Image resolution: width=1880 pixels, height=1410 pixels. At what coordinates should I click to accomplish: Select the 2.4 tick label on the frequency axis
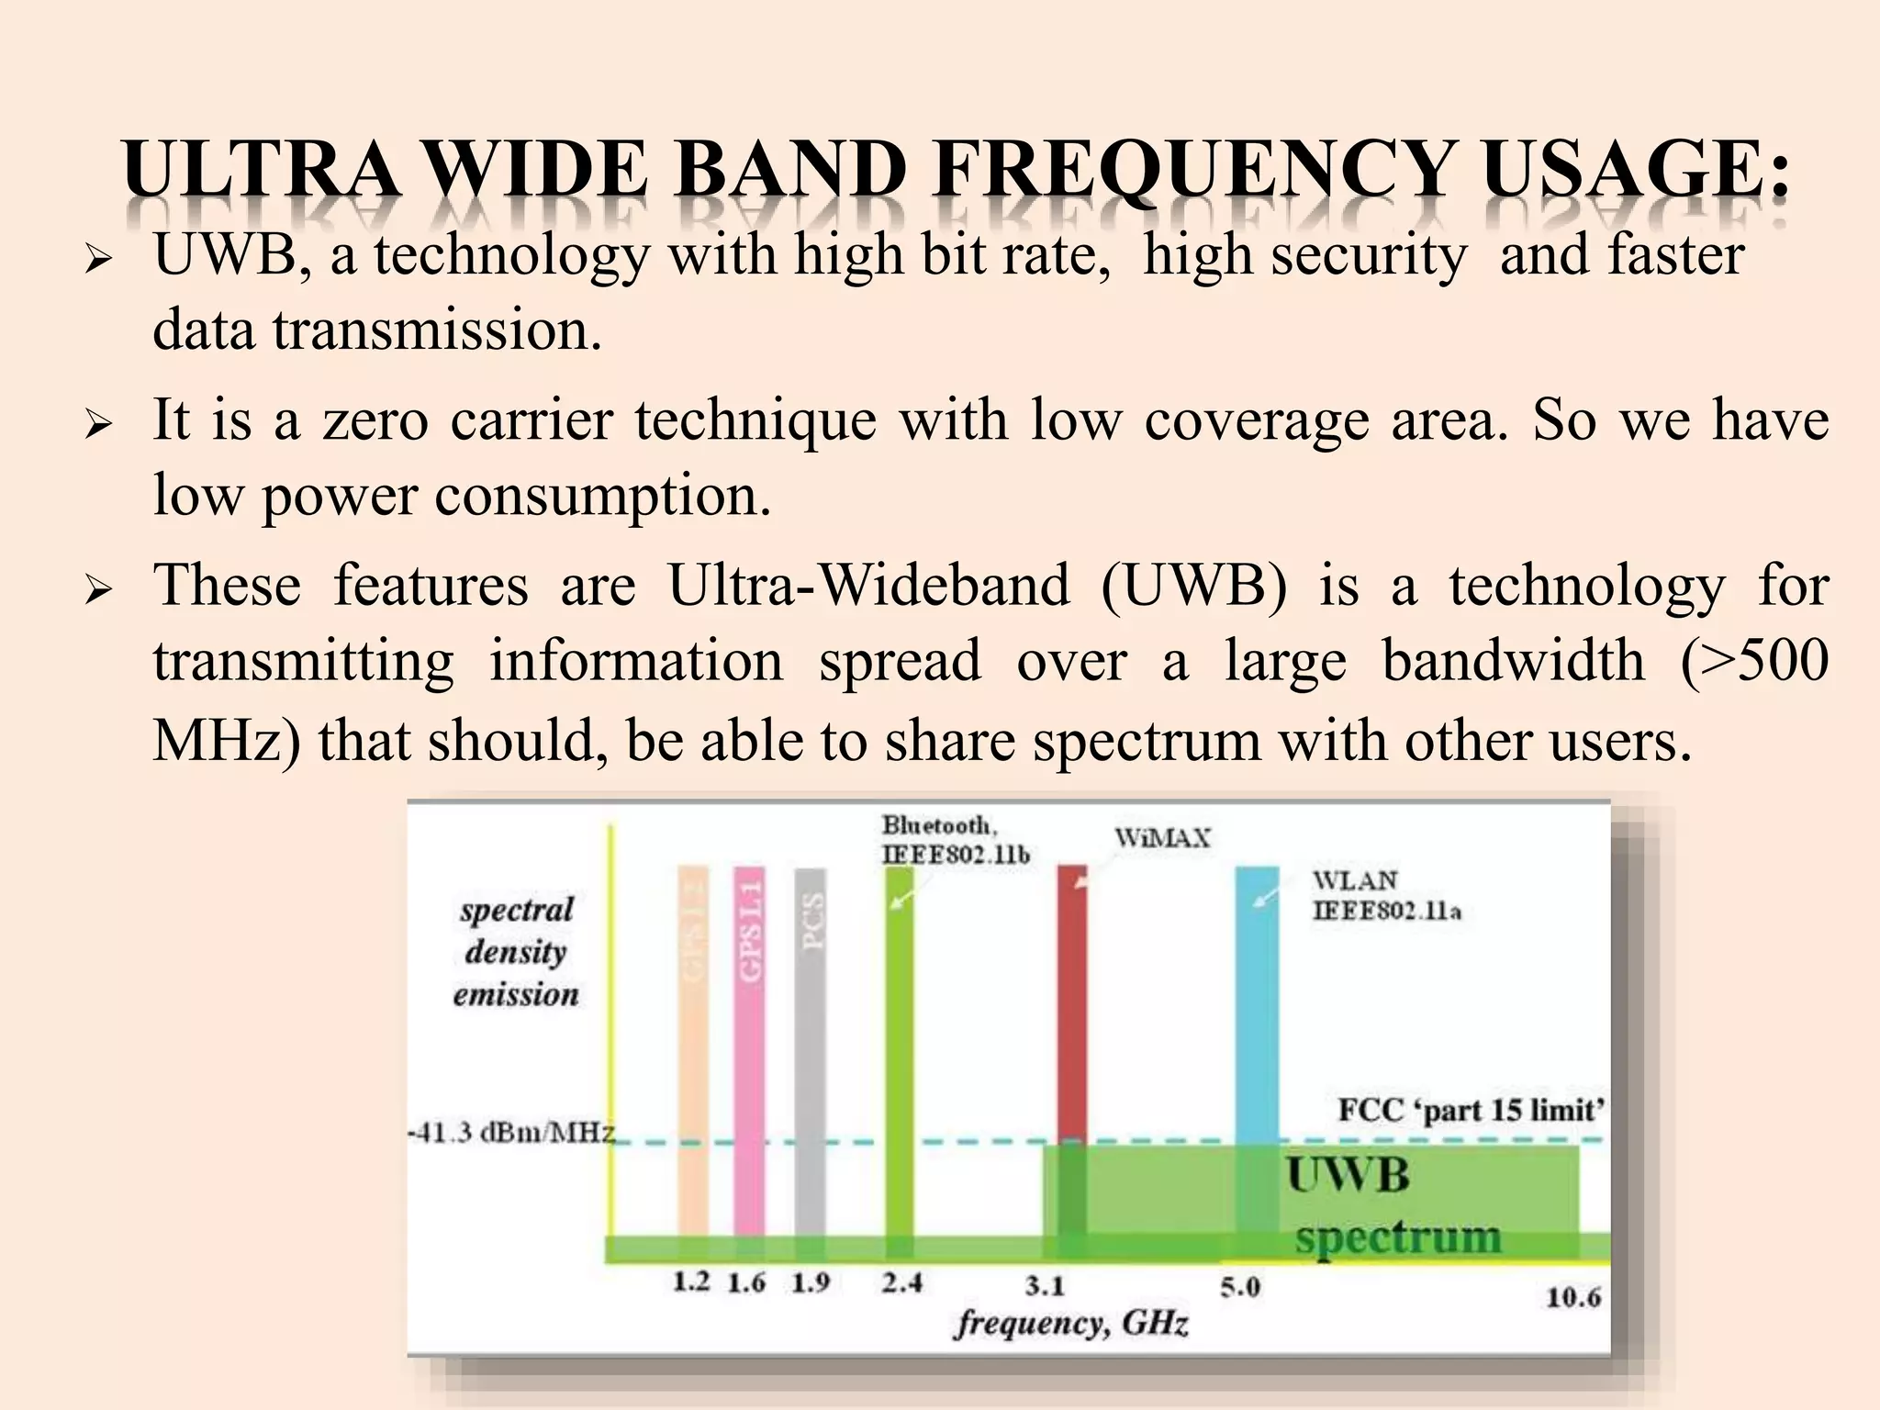click(901, 1281)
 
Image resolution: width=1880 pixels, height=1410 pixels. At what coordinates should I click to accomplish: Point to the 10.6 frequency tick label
click(1573, 1296)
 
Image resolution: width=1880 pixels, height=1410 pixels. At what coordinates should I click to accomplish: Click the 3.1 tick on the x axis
click(1045, 1285)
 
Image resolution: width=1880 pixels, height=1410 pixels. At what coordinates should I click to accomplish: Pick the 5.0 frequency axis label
click(1240, 1287)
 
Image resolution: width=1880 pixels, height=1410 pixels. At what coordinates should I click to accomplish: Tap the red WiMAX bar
click(1071, 1001)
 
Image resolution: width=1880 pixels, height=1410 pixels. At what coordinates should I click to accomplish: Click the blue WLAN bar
click(1257, 1001)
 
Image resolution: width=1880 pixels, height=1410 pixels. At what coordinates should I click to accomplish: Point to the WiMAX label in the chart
click(1162, 838)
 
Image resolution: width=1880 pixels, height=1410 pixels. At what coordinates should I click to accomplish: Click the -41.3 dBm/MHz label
click(510, 1132)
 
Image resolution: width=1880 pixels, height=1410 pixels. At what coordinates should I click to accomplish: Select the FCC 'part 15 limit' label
click(1471, 1111)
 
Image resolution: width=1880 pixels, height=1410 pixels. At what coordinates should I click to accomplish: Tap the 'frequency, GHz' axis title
click(1071, 1323)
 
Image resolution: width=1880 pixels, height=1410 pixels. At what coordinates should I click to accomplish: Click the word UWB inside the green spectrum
click(1348, 1176)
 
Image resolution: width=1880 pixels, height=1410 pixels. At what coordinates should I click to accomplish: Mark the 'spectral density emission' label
click(516, 952)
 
